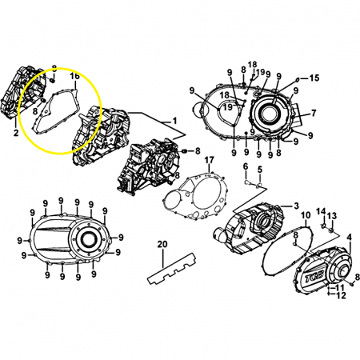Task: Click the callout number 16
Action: coord(75,76)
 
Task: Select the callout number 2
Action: coord(16,133)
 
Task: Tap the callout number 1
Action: coord(174,122)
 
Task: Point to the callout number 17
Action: coord(210,160)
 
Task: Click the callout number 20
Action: coord(162,244)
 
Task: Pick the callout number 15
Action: coord(314,78)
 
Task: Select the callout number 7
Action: coord(314,113)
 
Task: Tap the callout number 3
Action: coord(296,206)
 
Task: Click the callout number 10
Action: coord(306,215)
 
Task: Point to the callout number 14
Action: coord(321,211)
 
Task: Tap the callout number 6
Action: coord(246,167)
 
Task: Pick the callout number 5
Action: coord(260,170)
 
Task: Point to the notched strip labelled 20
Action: coord(171,269)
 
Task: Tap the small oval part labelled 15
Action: coord(298,79)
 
